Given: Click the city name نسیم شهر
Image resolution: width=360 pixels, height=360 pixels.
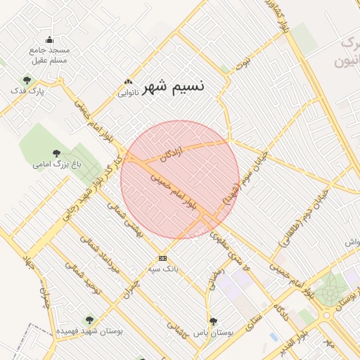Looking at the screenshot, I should pos(174,86).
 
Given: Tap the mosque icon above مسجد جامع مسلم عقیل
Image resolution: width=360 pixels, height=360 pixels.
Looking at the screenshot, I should pos(49,39).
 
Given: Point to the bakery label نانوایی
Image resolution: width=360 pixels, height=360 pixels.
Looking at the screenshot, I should pos(127,92).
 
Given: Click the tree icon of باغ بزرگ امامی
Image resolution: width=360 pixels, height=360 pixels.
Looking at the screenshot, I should pos(56,153).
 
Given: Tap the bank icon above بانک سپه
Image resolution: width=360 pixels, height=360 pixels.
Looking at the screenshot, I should pos(163,258).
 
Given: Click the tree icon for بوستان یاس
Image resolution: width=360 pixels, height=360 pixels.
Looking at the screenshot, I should pos(214,321).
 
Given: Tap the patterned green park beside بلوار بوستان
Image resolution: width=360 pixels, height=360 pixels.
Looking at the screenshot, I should pos(328,288).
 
